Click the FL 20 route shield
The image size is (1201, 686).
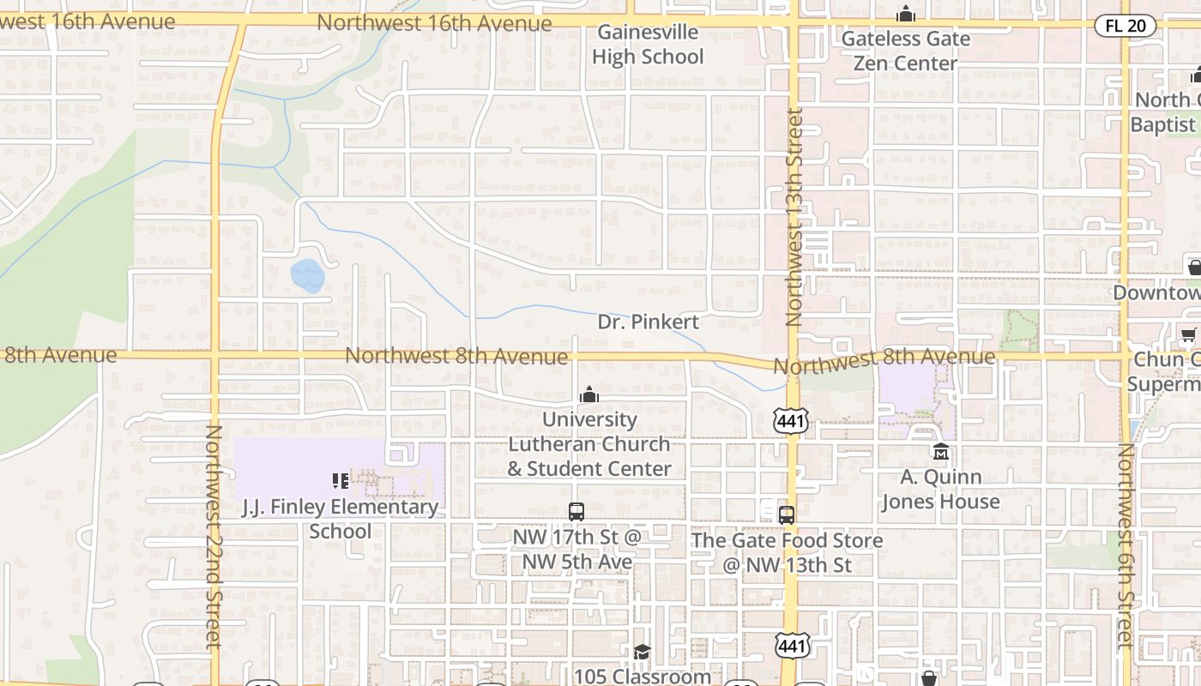click(x=1126, y=26)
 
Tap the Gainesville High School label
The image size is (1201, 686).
click(x=648, y=45)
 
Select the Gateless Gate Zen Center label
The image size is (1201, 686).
click(x=905, y=51)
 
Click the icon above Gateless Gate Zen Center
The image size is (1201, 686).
click(x=905, y=15)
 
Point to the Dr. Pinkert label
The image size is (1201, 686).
click(x=648, y=322)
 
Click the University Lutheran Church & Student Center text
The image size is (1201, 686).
click(x=589, y=444)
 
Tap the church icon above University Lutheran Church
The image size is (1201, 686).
click(x=589, y=394)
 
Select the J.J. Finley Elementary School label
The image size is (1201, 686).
click(x=341, y=519)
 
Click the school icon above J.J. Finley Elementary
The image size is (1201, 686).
click(x=341, y=481)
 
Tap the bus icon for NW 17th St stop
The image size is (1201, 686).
click(x=576, y=512)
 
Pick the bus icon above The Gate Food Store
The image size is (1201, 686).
click(x=787, y=514)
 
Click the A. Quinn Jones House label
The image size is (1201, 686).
click(x=941, y=490)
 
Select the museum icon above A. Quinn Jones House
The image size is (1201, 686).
click(x=941, y=451)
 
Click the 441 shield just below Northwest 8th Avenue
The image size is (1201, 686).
click(x=790, y=421)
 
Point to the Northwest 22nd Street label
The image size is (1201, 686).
click(x=214, y=536)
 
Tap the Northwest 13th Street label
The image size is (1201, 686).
click(x=794, y=216)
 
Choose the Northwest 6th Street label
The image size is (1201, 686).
click(x=1126, y=545)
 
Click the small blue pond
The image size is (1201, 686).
click(x=307, y=276)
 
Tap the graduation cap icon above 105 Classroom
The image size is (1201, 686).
click(x=642, y=653)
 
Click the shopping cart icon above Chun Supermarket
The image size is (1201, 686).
click(x=1188, y=334)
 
